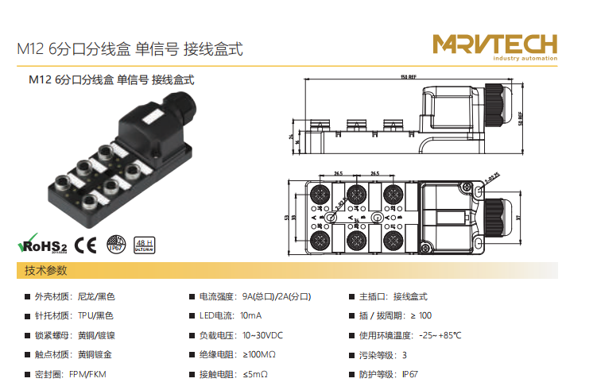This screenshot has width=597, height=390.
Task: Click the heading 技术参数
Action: [x=46, y=271]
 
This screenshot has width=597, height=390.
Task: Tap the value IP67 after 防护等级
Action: [x=409, y=373]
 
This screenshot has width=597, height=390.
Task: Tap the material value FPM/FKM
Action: [x=87, y=373]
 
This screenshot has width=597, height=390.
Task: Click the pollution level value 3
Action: [x=404, y=354]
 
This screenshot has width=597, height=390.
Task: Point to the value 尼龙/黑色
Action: [x=96, y=296]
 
